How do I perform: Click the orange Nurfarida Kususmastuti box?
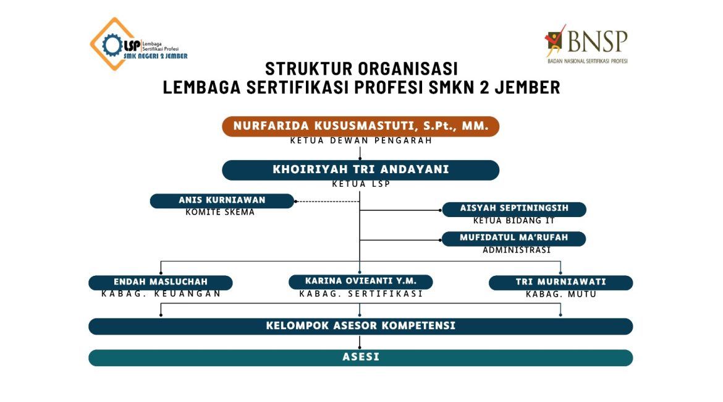(x=360, y=126)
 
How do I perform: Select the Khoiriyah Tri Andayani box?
(x=360, y=169)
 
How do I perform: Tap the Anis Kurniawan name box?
(x=222, y=200)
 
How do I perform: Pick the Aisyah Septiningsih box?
(x=514, y=208)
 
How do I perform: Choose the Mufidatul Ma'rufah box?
(x=514, y=237)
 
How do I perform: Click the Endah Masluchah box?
(x=160, y=282)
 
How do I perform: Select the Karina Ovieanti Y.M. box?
(x=360, y=281)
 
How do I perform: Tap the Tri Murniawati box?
(x=560, y=282)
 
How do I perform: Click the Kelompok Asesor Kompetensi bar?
(x=360, y=325)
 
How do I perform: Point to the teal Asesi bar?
(x=360, y=357)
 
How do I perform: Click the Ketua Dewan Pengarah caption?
(x=360, y=140)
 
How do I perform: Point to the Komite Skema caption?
(x=220, y=212)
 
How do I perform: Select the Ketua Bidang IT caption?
(x=514, y=220)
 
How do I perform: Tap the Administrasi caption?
(x=516, y=250)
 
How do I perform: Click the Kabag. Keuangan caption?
(x=161, y=294)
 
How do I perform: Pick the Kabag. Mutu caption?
(x=560, y=294)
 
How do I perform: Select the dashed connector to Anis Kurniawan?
(x=326, y=201)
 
